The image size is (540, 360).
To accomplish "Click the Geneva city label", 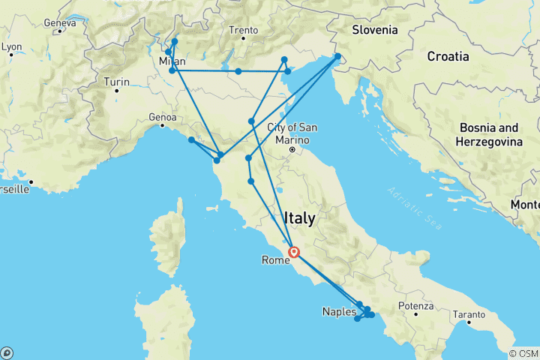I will (x=60, y=23).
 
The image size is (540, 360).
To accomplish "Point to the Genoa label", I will (x=161, y=117).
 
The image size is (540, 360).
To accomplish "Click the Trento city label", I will (x=244, y=31).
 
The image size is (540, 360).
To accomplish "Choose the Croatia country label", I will (x=448, y=56).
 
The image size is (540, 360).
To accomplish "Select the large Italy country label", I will (x=300, y=218).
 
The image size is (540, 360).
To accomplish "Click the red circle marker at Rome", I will (x=294, y=253).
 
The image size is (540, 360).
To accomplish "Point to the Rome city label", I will (x=272, y=260).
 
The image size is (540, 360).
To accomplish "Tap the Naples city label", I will (x=339, y=311).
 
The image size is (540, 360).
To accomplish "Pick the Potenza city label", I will (x=416, y=306).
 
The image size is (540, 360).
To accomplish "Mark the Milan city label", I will (x=172, y=61).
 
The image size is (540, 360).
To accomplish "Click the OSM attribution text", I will (x=523, y=353).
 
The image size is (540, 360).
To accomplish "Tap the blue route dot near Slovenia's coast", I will (x=338, y=56).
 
